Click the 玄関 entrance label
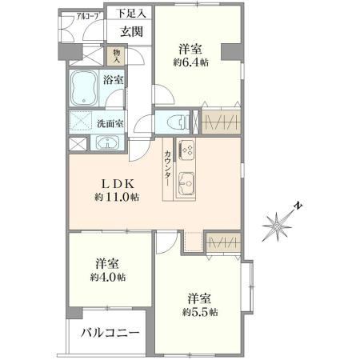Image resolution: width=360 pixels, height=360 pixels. pos(131,32)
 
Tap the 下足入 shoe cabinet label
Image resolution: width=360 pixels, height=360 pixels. pos(131,14)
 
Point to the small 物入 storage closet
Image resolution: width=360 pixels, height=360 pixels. pos(117,56)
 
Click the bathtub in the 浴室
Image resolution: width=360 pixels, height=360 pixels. pos(84,88)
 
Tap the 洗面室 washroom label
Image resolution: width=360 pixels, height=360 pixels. pos(110,123)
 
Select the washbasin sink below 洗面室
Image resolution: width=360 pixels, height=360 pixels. pos(107,142)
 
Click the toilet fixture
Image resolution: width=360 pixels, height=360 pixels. pos(177,122)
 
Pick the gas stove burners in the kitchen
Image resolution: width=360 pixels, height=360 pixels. pos(186,149)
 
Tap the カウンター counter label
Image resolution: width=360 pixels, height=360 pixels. pos(168,168)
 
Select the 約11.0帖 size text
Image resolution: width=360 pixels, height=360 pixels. pos(116,197)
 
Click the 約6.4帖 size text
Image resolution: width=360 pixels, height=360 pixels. pos(190,62)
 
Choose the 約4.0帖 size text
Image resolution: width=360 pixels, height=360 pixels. pos(108,278)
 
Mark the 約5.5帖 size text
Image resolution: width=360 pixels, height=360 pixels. pos(200,312)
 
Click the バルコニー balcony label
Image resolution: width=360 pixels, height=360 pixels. pos(110,333)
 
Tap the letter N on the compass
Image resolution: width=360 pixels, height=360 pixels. pos(298,206)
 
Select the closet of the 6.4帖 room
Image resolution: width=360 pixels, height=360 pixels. pos(221,122)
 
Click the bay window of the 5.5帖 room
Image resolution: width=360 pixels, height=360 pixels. pos(247,286)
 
